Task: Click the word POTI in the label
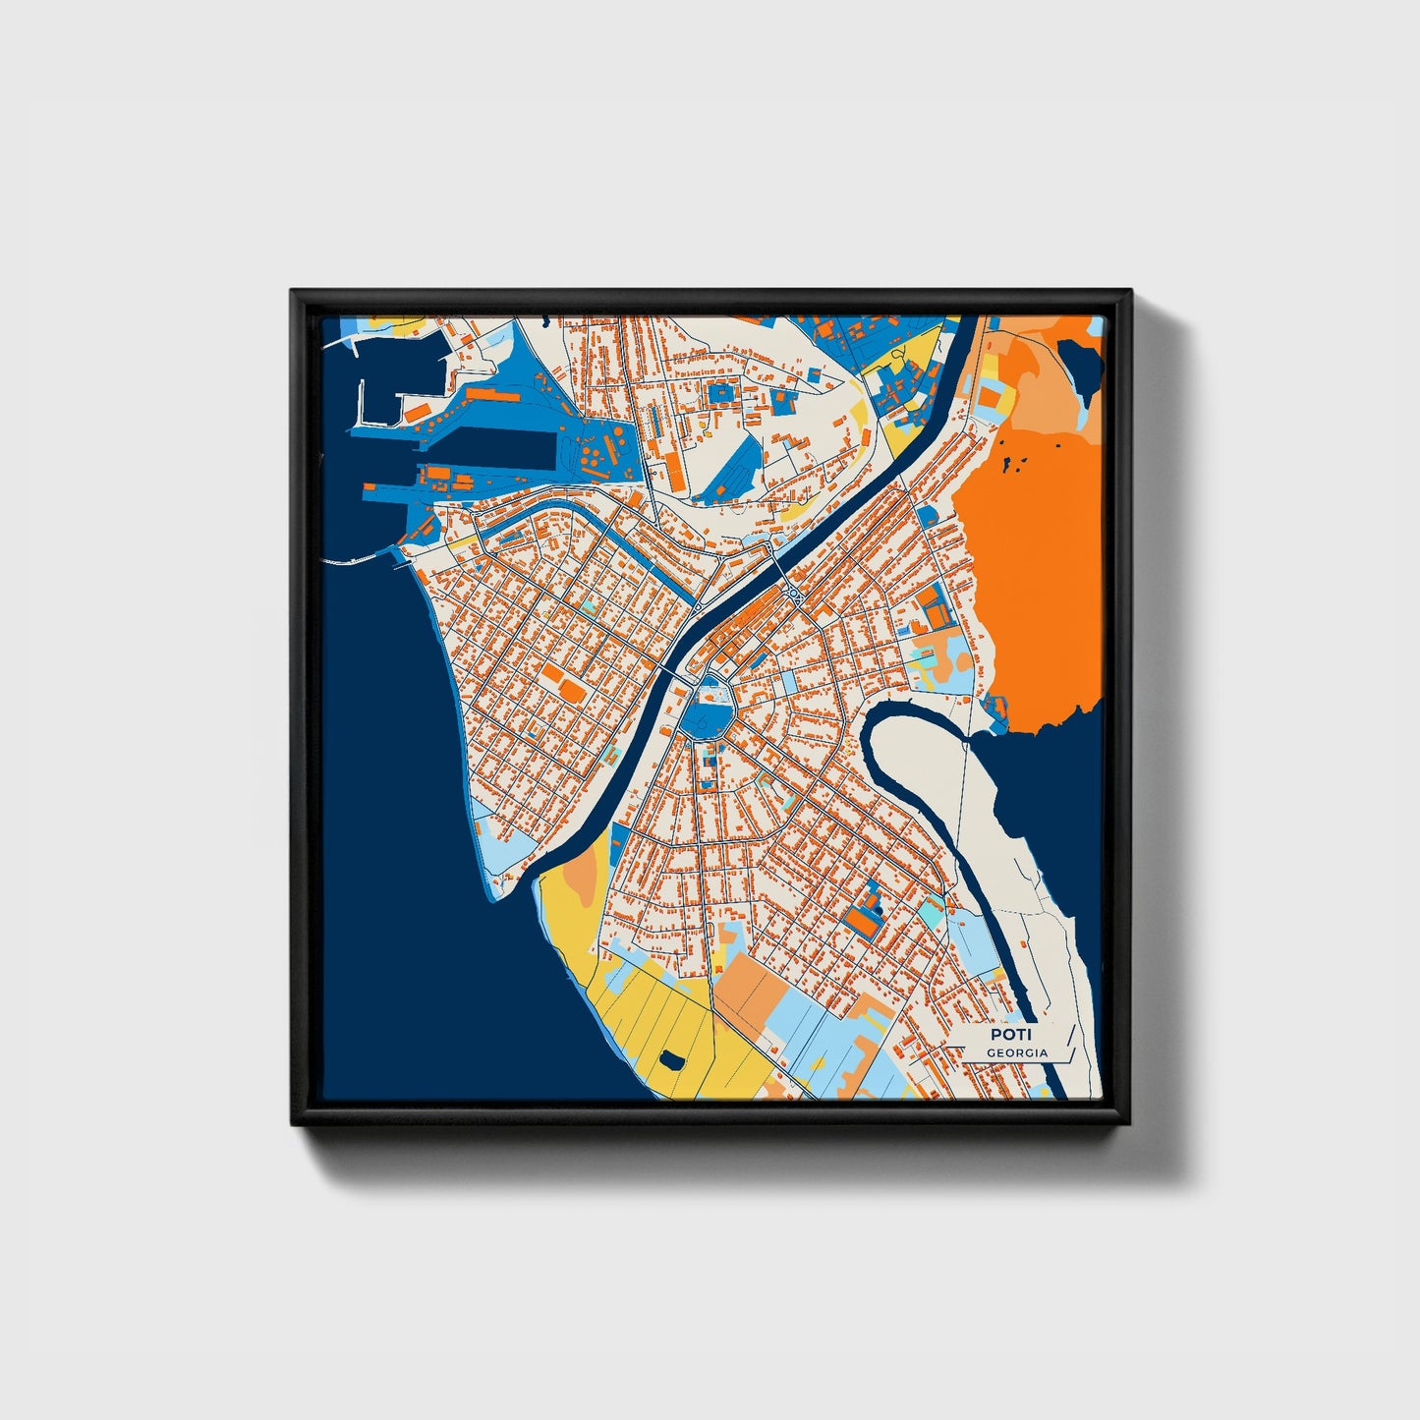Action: coord(1010,1035)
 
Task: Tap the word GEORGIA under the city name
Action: coord(1017,1053)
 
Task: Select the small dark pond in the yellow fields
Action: coord(672,1059)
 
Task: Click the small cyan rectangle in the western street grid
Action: coord(590,607)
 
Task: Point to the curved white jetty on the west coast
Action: coord(354,561)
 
